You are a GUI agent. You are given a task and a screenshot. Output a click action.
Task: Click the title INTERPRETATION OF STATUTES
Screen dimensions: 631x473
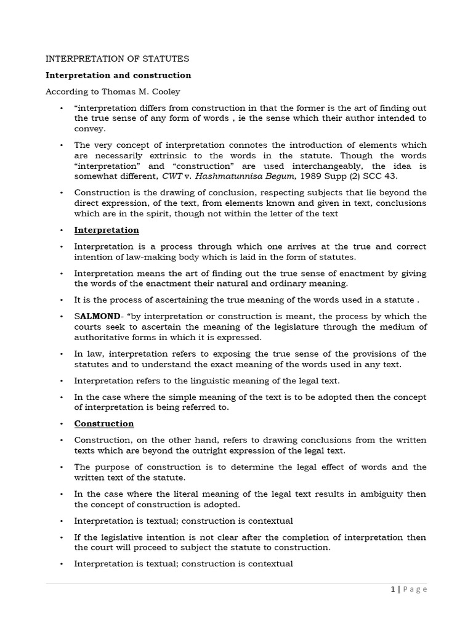(118, 59)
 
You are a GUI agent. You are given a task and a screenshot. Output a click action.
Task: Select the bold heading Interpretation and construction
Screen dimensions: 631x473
(118, 75)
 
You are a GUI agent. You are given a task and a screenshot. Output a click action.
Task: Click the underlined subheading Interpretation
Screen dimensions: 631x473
(107, 230)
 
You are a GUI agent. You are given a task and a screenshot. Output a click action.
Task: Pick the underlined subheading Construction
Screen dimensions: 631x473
(104, 423)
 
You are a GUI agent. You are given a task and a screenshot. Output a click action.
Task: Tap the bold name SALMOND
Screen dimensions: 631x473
(95, 316)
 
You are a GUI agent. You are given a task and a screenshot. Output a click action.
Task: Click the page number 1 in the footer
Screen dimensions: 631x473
(393, 589)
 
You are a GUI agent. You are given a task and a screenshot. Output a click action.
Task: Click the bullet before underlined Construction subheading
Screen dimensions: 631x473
(62, 423)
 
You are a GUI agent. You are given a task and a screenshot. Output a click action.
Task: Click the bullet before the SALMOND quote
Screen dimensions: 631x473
(62, 316)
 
